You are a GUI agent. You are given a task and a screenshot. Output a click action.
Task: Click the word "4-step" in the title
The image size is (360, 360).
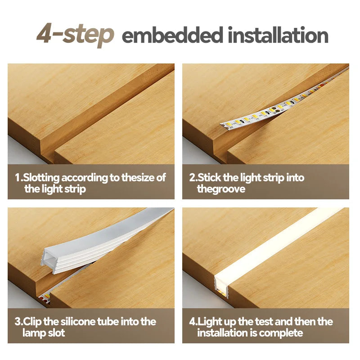click(x=75, y=35)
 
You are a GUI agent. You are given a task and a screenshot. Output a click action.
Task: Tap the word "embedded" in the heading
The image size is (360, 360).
click(x=172, y=35)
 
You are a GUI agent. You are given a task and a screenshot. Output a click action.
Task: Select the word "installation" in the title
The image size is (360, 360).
click(x=278, y=35)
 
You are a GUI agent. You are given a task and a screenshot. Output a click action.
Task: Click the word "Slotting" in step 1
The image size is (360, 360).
click(x=41, y=178)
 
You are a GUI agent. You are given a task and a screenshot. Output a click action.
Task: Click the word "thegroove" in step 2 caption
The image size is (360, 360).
click(x=221, y=189)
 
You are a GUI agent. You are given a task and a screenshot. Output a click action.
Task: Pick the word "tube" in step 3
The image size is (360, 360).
click(x=108, y=321)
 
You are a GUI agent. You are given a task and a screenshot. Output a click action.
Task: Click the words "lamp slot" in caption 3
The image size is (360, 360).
click(x=44, y=333)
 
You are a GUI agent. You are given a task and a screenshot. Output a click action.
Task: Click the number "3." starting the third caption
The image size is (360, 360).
click(x=18, y=321)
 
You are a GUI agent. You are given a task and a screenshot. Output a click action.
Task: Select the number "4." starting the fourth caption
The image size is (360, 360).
click(x=193, y=321)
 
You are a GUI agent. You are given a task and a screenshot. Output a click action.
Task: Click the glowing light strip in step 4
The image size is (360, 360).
click(x=275, y=244)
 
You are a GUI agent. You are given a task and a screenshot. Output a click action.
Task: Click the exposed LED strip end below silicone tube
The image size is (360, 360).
click(x=44, y=298)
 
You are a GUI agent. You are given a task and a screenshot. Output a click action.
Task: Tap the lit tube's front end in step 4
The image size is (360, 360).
click(x=222, y=287)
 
